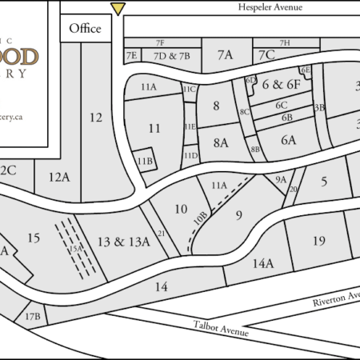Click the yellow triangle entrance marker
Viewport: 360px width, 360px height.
(118, 9)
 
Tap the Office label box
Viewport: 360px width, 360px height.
(85, 29)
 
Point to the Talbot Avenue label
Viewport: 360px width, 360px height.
(222, 328)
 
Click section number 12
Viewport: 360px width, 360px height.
(96, 118)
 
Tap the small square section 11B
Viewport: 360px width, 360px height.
(144, 160)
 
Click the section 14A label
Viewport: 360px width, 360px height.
(262, 262)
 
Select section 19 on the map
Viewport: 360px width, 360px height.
(319, 241)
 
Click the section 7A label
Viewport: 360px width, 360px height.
(224, 54)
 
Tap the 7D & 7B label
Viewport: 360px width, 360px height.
(171, 56)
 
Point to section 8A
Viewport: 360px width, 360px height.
(221, 142)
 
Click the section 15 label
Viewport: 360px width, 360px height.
(33, 238)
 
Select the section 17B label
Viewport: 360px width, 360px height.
(33, 317)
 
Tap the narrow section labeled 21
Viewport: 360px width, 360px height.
(161, 234)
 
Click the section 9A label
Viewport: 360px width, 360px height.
(281, 180)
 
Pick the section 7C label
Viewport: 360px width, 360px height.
(266, 54)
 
